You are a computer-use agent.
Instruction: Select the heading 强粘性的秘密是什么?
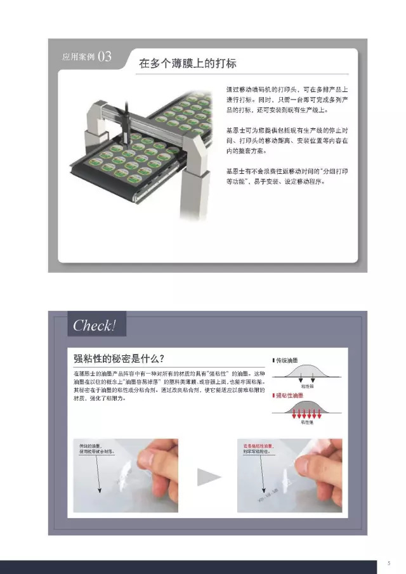click(x=119, y=358)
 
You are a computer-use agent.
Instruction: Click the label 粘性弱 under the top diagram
click(x=303, y=386)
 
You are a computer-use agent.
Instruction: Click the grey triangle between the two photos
click(x=209, y=476)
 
